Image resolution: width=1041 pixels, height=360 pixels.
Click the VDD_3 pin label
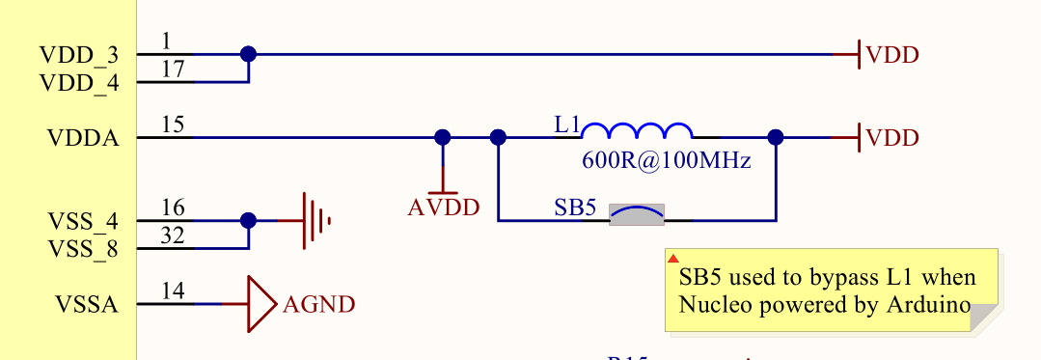[x=79, y=55]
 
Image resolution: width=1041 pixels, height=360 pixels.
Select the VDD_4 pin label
[x=79, y=83]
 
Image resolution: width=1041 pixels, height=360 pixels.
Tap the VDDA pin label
[x=83, y=138]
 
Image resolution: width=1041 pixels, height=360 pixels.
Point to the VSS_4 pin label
[x=83, y=221]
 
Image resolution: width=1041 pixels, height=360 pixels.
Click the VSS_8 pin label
[x=83, y=249]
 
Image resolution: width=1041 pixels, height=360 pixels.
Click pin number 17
[x=174, y=70]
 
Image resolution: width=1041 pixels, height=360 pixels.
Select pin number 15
[x=174, y=125]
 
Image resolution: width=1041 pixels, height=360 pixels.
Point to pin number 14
[x=174, y=292]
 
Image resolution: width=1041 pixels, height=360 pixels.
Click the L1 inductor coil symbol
[x=637, y=132]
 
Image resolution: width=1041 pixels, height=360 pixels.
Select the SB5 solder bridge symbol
[x=637, y=214]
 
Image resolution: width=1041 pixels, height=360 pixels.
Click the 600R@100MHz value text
[x=666, y=160]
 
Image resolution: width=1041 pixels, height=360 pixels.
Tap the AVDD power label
[x=444, y=207]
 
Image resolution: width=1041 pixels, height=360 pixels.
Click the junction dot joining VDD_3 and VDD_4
[x=248, y=54]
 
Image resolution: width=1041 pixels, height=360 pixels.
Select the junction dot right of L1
[x=775, y=138]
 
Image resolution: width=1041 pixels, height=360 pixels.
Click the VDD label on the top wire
[x=892, y=55]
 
